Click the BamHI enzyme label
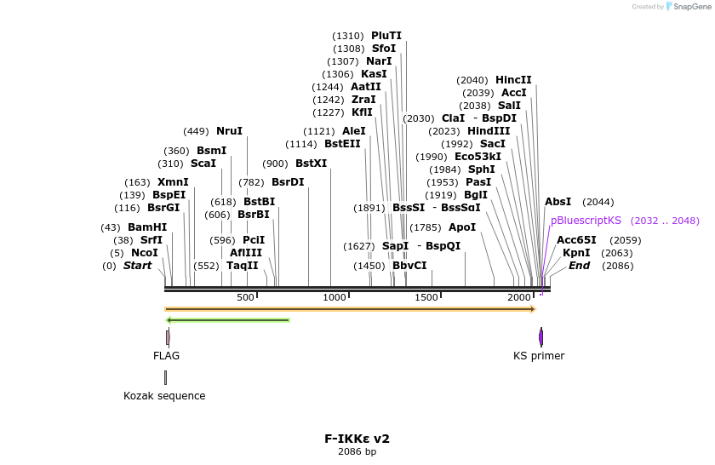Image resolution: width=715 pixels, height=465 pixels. [147, 227]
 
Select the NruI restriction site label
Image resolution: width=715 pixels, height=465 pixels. [229, 131]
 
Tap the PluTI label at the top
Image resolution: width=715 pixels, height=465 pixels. [386, 36]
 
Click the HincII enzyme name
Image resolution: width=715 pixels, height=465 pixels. [513, 80]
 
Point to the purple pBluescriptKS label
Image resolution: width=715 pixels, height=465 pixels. [586, 221]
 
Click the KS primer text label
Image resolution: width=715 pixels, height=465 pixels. [539, 356]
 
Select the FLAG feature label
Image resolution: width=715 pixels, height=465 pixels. [167, 356]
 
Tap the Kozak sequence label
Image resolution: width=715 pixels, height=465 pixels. [164, 396]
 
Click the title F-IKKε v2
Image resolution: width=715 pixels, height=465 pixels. [357, 439]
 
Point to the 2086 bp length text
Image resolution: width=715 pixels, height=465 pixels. [357, 452]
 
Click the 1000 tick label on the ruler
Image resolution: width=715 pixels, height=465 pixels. [335, 297]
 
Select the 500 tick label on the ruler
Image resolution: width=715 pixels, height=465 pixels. [245, 297]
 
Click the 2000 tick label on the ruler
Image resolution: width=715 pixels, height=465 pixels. [519, 297]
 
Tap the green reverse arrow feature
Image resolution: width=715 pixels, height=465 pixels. [227, 320]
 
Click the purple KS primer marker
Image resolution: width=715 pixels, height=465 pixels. [541, 336]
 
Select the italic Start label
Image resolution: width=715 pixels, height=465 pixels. [137, 266]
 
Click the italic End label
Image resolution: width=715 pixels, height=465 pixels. [579, 266]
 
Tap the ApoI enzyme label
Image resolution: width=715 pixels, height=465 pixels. [462, 227]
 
